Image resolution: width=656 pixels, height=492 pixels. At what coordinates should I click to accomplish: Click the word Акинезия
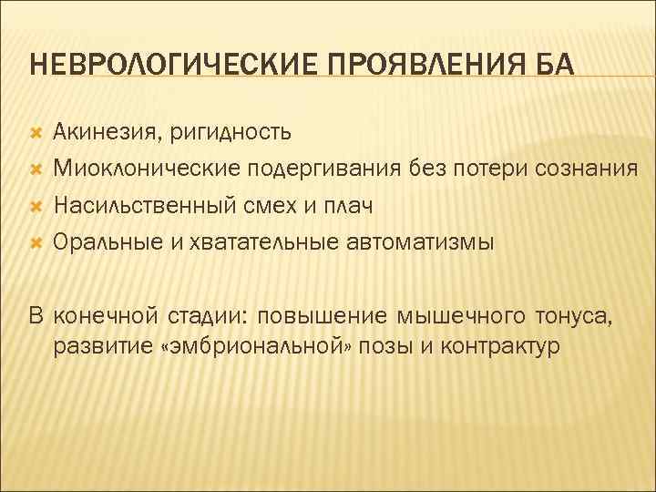coord(106,133)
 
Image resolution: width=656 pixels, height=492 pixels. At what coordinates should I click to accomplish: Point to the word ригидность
coord(230,133)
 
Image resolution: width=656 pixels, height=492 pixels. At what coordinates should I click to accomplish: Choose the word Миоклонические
coord(146,169)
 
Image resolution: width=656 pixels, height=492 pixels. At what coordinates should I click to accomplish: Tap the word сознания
coord(579,169)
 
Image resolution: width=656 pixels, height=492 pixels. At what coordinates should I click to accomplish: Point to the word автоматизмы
coord(421,242)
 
